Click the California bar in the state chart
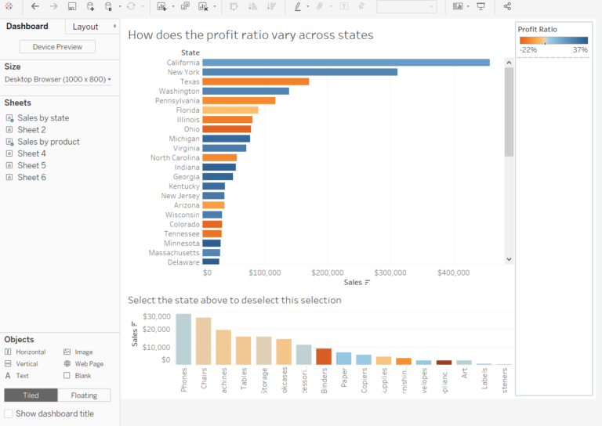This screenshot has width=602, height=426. coord(346,63)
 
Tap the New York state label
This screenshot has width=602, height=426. coord(183,72)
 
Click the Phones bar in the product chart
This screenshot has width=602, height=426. coord(183,339)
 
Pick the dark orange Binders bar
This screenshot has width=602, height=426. coord(323,356)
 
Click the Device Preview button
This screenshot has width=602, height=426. coord(57,47)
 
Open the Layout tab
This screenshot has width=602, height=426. coord(85,27)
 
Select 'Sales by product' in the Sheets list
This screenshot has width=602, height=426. coord(48,142)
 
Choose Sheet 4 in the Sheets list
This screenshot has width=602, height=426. coord(31,153)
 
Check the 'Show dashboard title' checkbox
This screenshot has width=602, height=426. coord(9,413)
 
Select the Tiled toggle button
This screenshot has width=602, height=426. coord(31,395)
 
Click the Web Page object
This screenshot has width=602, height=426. coord(89,364)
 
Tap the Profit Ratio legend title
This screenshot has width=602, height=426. coord(537,29)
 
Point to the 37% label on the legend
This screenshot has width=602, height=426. coord(579,49)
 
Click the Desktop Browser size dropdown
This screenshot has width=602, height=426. coord(58,79)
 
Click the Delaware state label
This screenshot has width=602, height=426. coord(183,262)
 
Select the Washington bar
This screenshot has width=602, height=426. coord(245,91)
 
